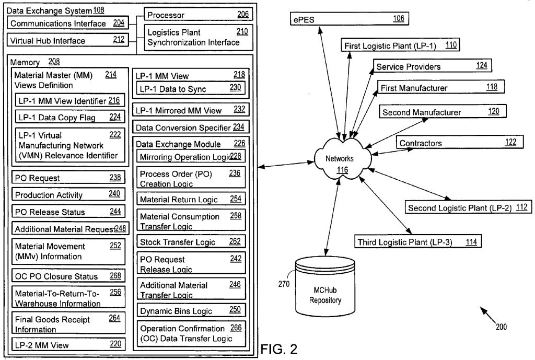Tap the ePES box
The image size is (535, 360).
(x=349, y=19)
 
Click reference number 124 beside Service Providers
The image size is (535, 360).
(x=481, y=66)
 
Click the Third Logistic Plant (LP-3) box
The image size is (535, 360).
(x=416, y=242)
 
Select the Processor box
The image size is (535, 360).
(x=198, y=15)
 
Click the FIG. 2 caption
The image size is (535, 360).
(x=279, y=349)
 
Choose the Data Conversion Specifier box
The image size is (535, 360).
(x=190, y=127)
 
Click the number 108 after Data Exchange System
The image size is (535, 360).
(x=99, y=10)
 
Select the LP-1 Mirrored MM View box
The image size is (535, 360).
(x=190, y=110)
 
